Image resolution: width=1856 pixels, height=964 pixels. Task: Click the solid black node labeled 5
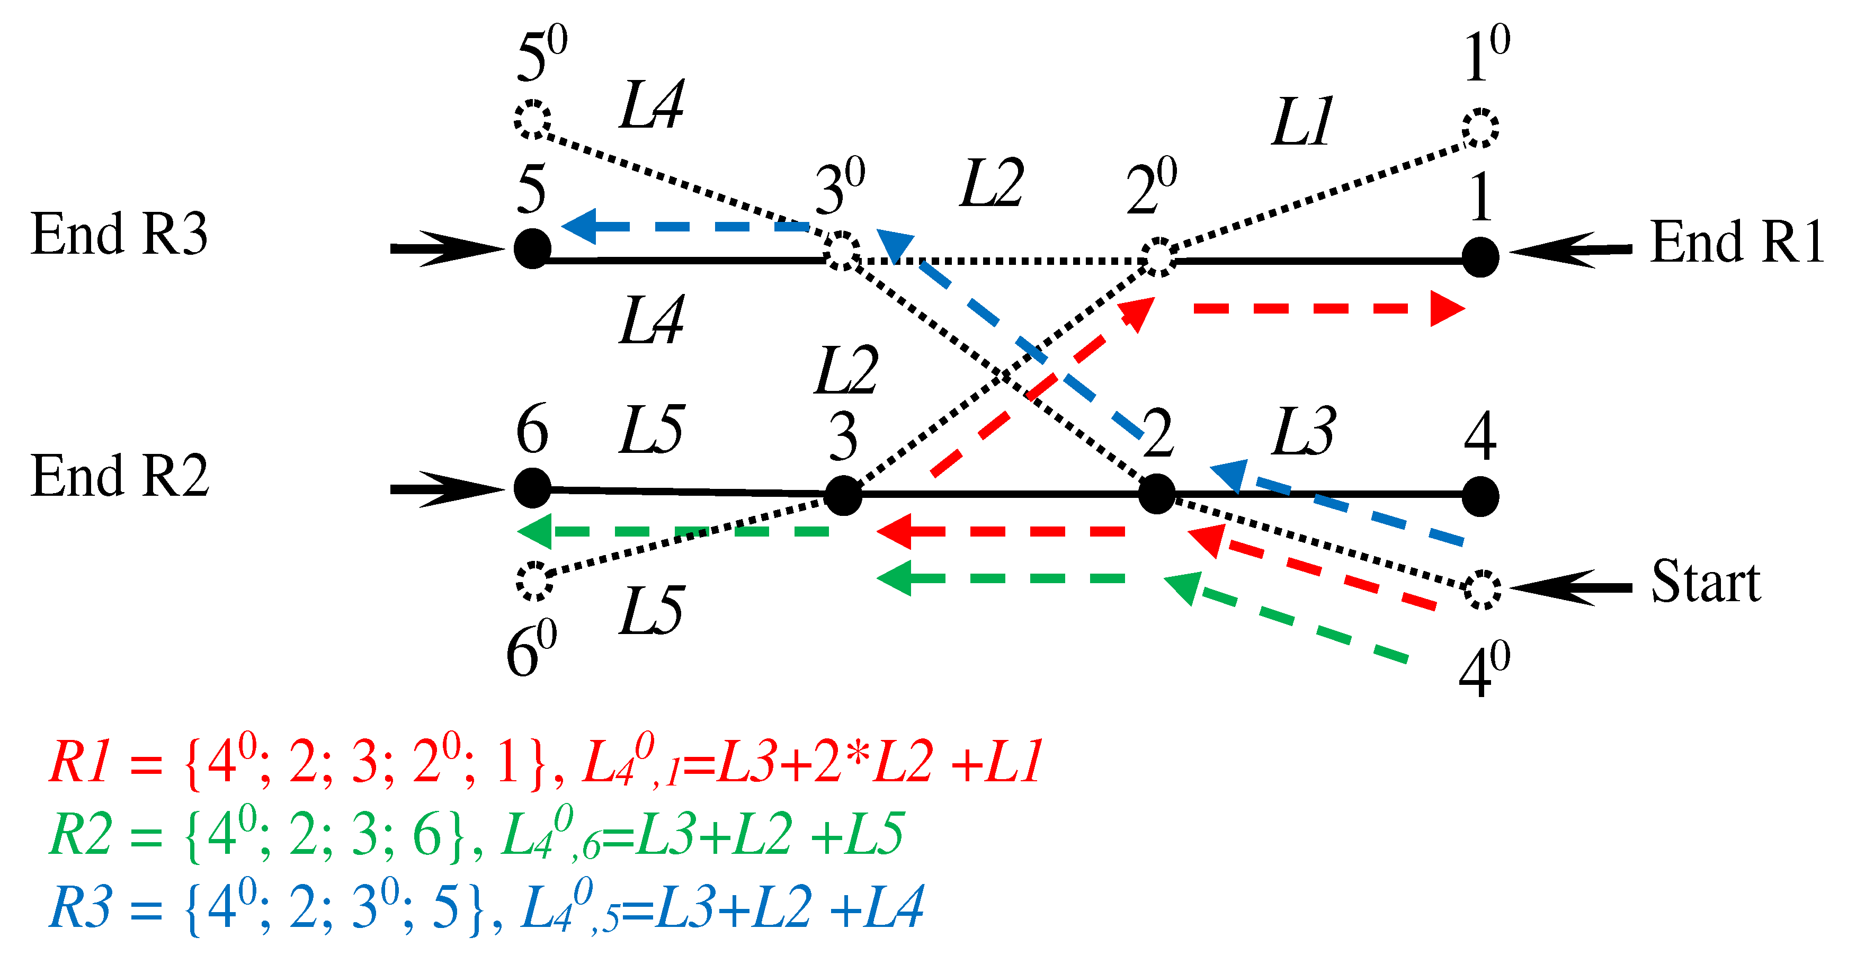click(532, 248)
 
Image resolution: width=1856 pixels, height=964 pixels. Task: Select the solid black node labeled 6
click(532, 488)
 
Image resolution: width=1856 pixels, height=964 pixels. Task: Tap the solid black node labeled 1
click(1480, 257)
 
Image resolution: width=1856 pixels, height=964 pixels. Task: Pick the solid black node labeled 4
click(1480, 496)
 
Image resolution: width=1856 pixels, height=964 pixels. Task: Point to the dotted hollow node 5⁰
click(532, 119)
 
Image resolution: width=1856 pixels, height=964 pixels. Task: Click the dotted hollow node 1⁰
click(1480, 129)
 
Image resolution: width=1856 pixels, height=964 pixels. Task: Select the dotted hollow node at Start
click(1482, 590)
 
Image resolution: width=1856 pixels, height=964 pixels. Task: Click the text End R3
click(119, 234)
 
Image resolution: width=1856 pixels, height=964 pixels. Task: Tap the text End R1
click(1736, 242)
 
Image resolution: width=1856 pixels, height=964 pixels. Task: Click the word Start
click(1706, 582)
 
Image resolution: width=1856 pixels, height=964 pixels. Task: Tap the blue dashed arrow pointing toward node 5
click(684, 226)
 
